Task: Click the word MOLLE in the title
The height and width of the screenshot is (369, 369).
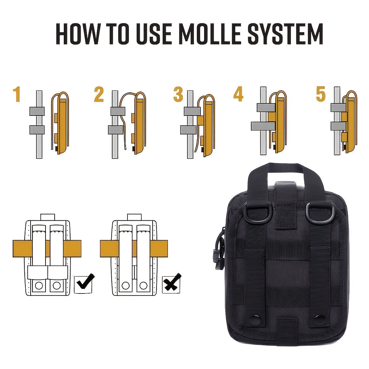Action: (210, 34)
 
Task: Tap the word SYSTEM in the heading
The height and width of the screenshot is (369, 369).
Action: (285, 34)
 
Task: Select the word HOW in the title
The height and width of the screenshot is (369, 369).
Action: (78, 34)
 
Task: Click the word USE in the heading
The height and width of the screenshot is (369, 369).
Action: (154, 34)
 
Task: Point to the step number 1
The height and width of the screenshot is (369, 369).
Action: (17, 94)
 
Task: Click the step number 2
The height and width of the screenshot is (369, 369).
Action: (99, 94)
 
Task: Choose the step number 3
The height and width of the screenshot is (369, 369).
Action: (178, 94)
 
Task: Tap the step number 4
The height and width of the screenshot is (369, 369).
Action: (238, 94)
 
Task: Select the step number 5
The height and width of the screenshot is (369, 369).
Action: (321, 94)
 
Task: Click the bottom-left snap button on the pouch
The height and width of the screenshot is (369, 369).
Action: (256, 320)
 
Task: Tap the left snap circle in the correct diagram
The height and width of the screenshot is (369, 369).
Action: (39, 286)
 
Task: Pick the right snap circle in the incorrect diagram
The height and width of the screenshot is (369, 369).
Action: (143, 286)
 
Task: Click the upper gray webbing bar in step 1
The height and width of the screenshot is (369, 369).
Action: (37, 111)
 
